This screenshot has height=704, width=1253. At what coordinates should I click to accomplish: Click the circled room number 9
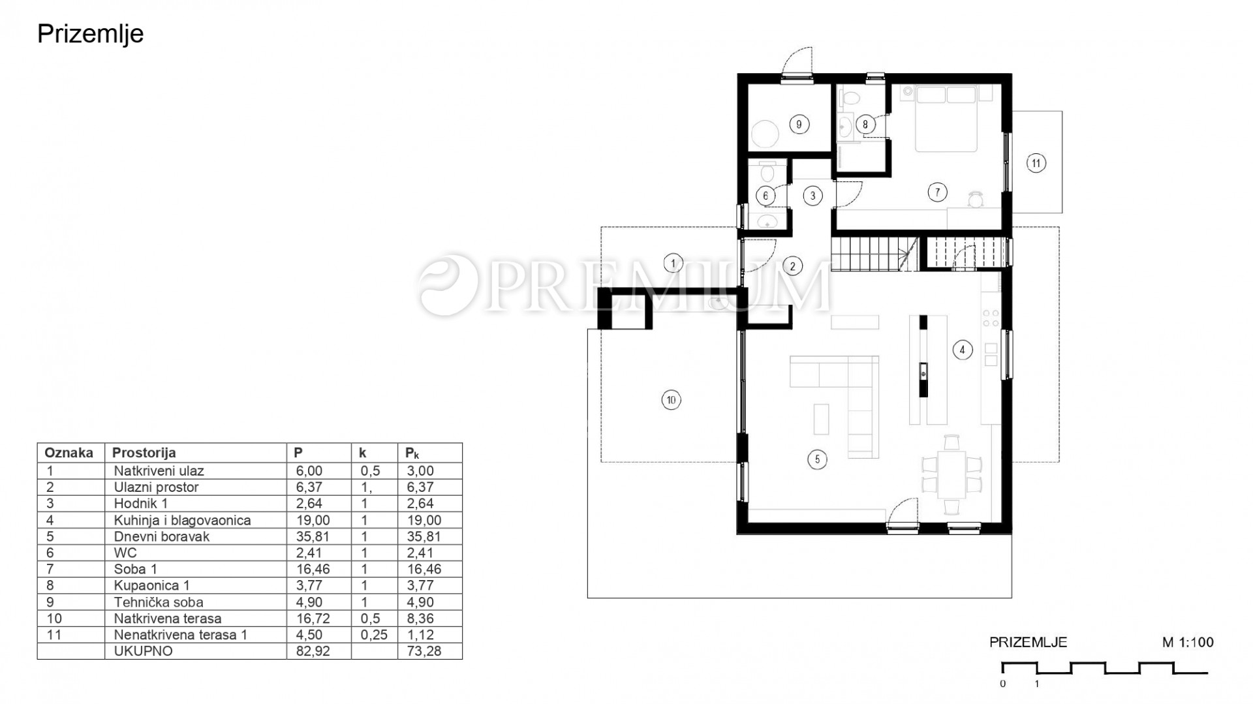click(x=799, y=124)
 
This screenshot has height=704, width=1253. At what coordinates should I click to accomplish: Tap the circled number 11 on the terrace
click(x=1036, y=162)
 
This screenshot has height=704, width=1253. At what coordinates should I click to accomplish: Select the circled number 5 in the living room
click(x=817, y=459)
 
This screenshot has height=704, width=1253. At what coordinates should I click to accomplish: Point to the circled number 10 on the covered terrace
click(x=671, y=399)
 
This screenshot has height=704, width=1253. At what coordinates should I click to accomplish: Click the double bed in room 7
click(x=946, y=118)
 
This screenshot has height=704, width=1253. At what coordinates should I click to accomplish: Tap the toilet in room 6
click(x=767, y=172)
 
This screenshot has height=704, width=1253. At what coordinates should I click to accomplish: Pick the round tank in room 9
click(x=765, y=135)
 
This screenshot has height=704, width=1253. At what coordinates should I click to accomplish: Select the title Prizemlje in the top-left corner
click(x=90, y=34)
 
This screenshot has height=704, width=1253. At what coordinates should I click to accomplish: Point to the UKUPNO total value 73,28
click(x=423, y=651)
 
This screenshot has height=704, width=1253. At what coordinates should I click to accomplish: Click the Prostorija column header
click(x=144, y=453)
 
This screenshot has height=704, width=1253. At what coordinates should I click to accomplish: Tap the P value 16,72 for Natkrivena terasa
click(x=313, y=619)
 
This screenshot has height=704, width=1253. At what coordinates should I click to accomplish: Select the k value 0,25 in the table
click(x=374, y=635)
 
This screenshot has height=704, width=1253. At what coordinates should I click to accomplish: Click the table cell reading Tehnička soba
click(x=159, y=602)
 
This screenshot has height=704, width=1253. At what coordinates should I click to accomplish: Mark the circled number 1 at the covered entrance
click(x=673, y=264)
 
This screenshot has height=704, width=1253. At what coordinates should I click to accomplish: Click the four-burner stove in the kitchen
click(x=991, y=318)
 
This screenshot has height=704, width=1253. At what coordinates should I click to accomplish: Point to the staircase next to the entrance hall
click(x=875, y=254)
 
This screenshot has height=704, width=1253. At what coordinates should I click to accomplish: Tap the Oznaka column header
click(x=69, y=453)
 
